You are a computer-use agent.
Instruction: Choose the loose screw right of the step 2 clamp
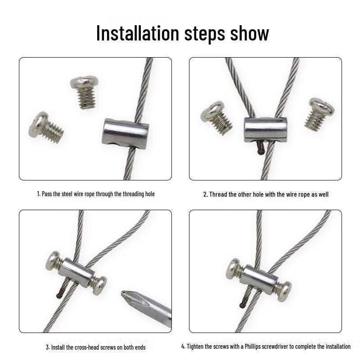pos(319,112)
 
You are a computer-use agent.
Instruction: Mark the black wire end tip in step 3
pos(59,296)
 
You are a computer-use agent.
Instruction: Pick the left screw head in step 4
pos(233,267)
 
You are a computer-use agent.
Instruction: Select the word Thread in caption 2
pos(218,194)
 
